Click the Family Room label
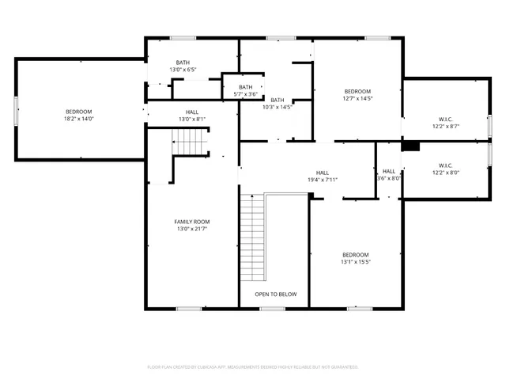coord(192,222)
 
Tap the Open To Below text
coord(275,294)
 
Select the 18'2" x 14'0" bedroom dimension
coord(79,119)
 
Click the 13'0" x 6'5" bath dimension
coord(183,70)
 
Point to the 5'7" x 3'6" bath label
coord(246,94)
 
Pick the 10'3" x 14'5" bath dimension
coord(277,107)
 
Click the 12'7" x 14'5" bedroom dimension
coord(357,99)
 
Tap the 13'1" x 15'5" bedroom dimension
coord(356,262)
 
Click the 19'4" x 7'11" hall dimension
coord(322,180)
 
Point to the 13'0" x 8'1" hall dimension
coord(192,120)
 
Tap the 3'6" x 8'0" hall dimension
coord(389,178)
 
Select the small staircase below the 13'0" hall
coord(189,142)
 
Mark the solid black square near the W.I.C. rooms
coord(410,146)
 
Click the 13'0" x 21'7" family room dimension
coord(192,229)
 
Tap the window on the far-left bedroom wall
coord(15,111)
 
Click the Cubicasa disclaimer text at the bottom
coord(253,367)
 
